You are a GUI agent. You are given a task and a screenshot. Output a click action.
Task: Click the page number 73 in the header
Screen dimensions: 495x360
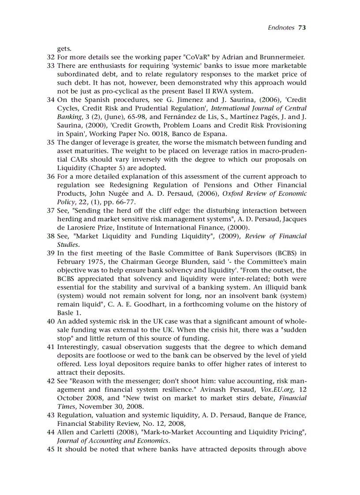[302, 27]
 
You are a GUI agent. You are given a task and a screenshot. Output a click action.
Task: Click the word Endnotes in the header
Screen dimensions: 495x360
[281, 27]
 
